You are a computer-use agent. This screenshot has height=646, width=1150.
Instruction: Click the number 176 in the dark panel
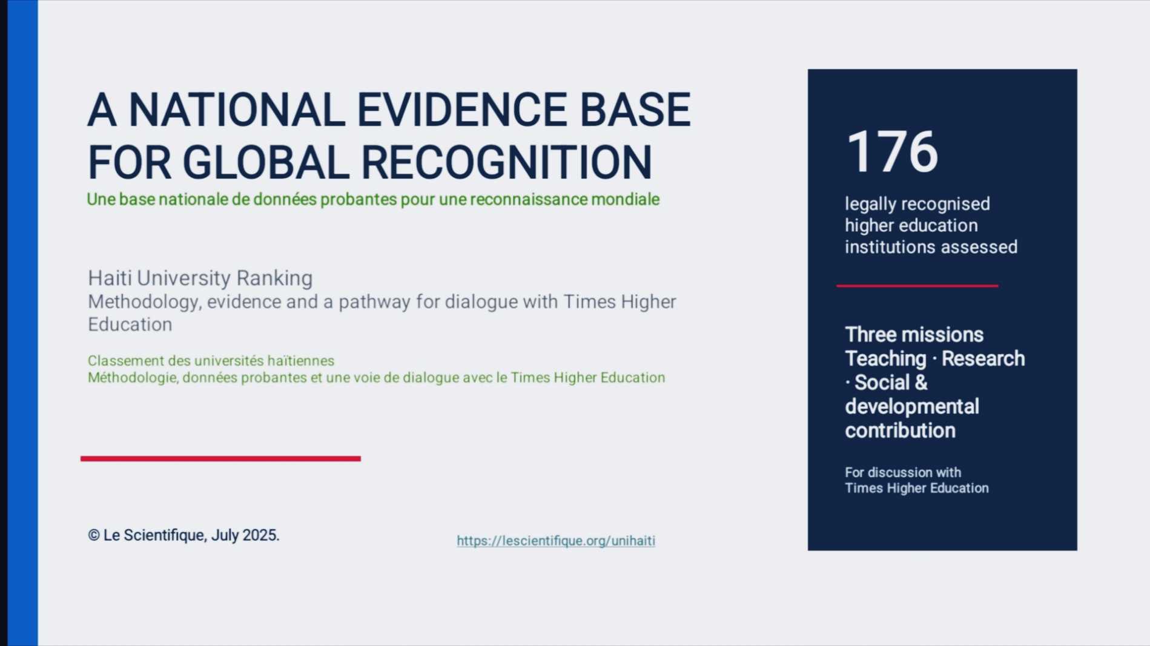tap(892, 151)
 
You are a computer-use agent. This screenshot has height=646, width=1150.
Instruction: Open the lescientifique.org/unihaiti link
tap(556, 541)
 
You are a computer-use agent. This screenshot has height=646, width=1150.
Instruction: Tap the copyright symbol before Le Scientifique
tap(93, 535)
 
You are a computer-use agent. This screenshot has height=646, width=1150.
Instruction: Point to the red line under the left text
tap(220, 458)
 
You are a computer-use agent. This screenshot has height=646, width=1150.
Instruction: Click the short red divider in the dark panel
tap(917, 286)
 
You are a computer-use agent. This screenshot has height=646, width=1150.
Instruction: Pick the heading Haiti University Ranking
tap(200, 278)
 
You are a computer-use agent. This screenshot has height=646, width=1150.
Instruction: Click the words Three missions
tap(914, 335)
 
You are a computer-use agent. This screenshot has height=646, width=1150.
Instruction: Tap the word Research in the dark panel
tap(983, 358)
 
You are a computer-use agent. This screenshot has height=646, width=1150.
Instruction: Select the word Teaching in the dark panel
tap(885, 359)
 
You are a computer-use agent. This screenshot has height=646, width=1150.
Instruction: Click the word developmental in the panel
tap(912, 407)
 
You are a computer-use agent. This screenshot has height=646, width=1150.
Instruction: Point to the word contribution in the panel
tap(901, 430)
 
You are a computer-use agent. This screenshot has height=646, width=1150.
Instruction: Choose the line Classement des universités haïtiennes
tap(211, 361)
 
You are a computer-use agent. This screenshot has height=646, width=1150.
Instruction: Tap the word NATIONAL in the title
tap(237, 110)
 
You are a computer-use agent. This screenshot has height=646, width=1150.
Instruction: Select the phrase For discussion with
tap(903, 472)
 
